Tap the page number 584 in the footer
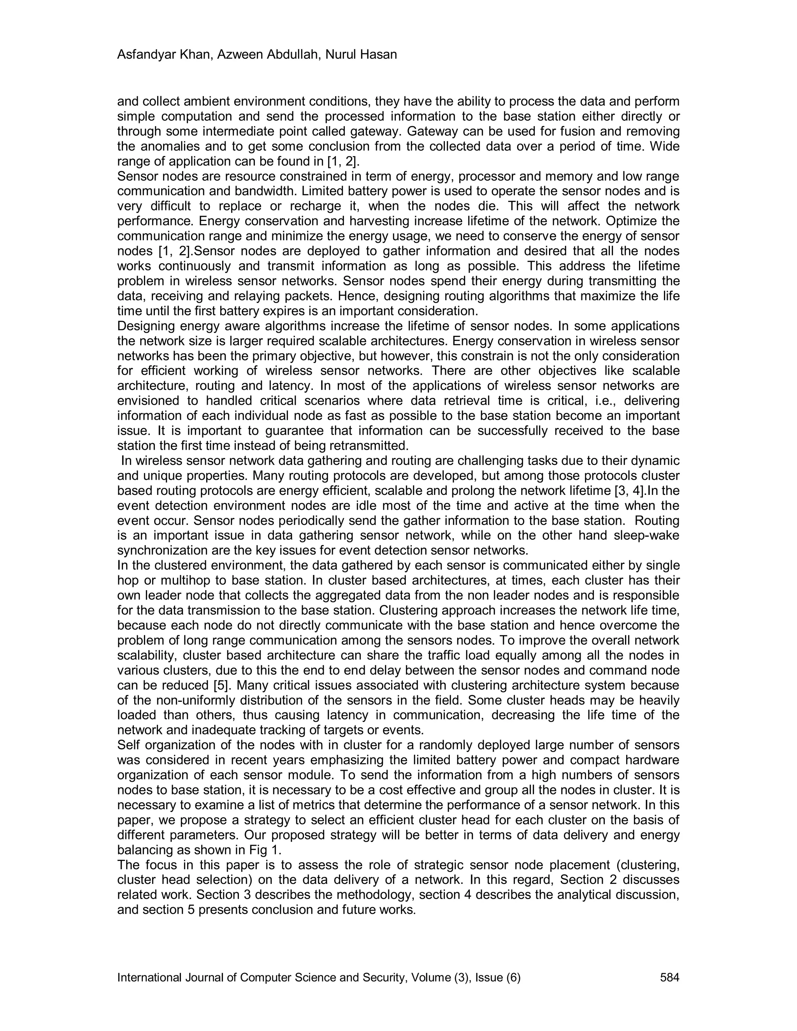point(669,978)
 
